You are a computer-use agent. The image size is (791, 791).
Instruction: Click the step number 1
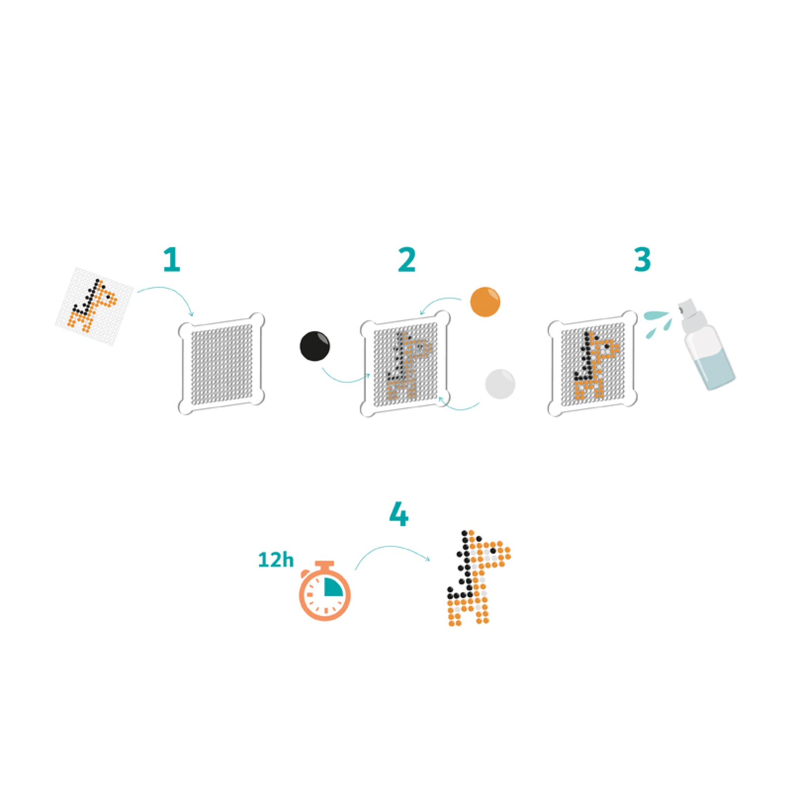point(172,260)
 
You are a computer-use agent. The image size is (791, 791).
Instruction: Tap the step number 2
point(407,260)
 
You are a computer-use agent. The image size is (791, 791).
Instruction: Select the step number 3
point(642,260)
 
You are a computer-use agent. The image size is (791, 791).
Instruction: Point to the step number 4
point(399,514)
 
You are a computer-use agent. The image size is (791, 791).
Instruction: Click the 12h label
point(276,560)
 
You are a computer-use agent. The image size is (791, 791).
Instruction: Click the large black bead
point(315,346)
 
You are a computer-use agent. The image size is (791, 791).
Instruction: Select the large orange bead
point(485,302)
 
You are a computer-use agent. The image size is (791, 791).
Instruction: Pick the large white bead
point(500,384)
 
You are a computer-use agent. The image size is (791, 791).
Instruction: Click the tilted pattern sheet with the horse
point(94,307)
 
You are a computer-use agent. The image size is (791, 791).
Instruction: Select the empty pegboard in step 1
point(221,363)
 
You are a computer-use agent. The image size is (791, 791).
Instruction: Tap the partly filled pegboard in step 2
point(405,363)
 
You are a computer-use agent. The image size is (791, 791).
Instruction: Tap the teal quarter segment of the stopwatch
point(333,586)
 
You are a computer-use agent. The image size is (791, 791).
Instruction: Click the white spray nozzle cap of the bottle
point(688,309)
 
